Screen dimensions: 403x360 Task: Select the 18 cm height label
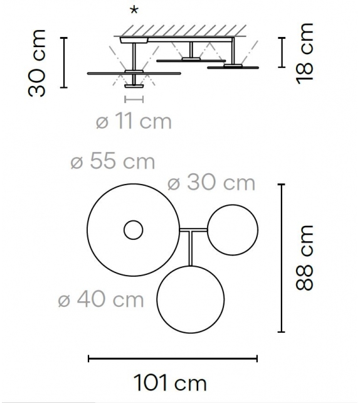click(306, 53)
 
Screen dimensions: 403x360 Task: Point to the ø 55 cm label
click(113, 161)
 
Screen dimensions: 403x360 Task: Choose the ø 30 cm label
click(211, 183)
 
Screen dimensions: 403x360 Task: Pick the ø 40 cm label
click(101, 299)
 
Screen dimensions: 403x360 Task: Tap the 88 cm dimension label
click(305, 257)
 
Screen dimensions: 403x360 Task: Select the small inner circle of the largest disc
click(133, 231)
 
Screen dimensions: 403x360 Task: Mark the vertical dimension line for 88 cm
click(282, 257)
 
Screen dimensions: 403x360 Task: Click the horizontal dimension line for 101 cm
click(172, 358)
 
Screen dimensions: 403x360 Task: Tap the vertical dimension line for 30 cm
click(64, 62)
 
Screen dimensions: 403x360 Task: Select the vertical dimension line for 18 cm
click(282, 53)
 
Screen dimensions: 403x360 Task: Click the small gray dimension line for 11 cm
click(134, 99)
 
